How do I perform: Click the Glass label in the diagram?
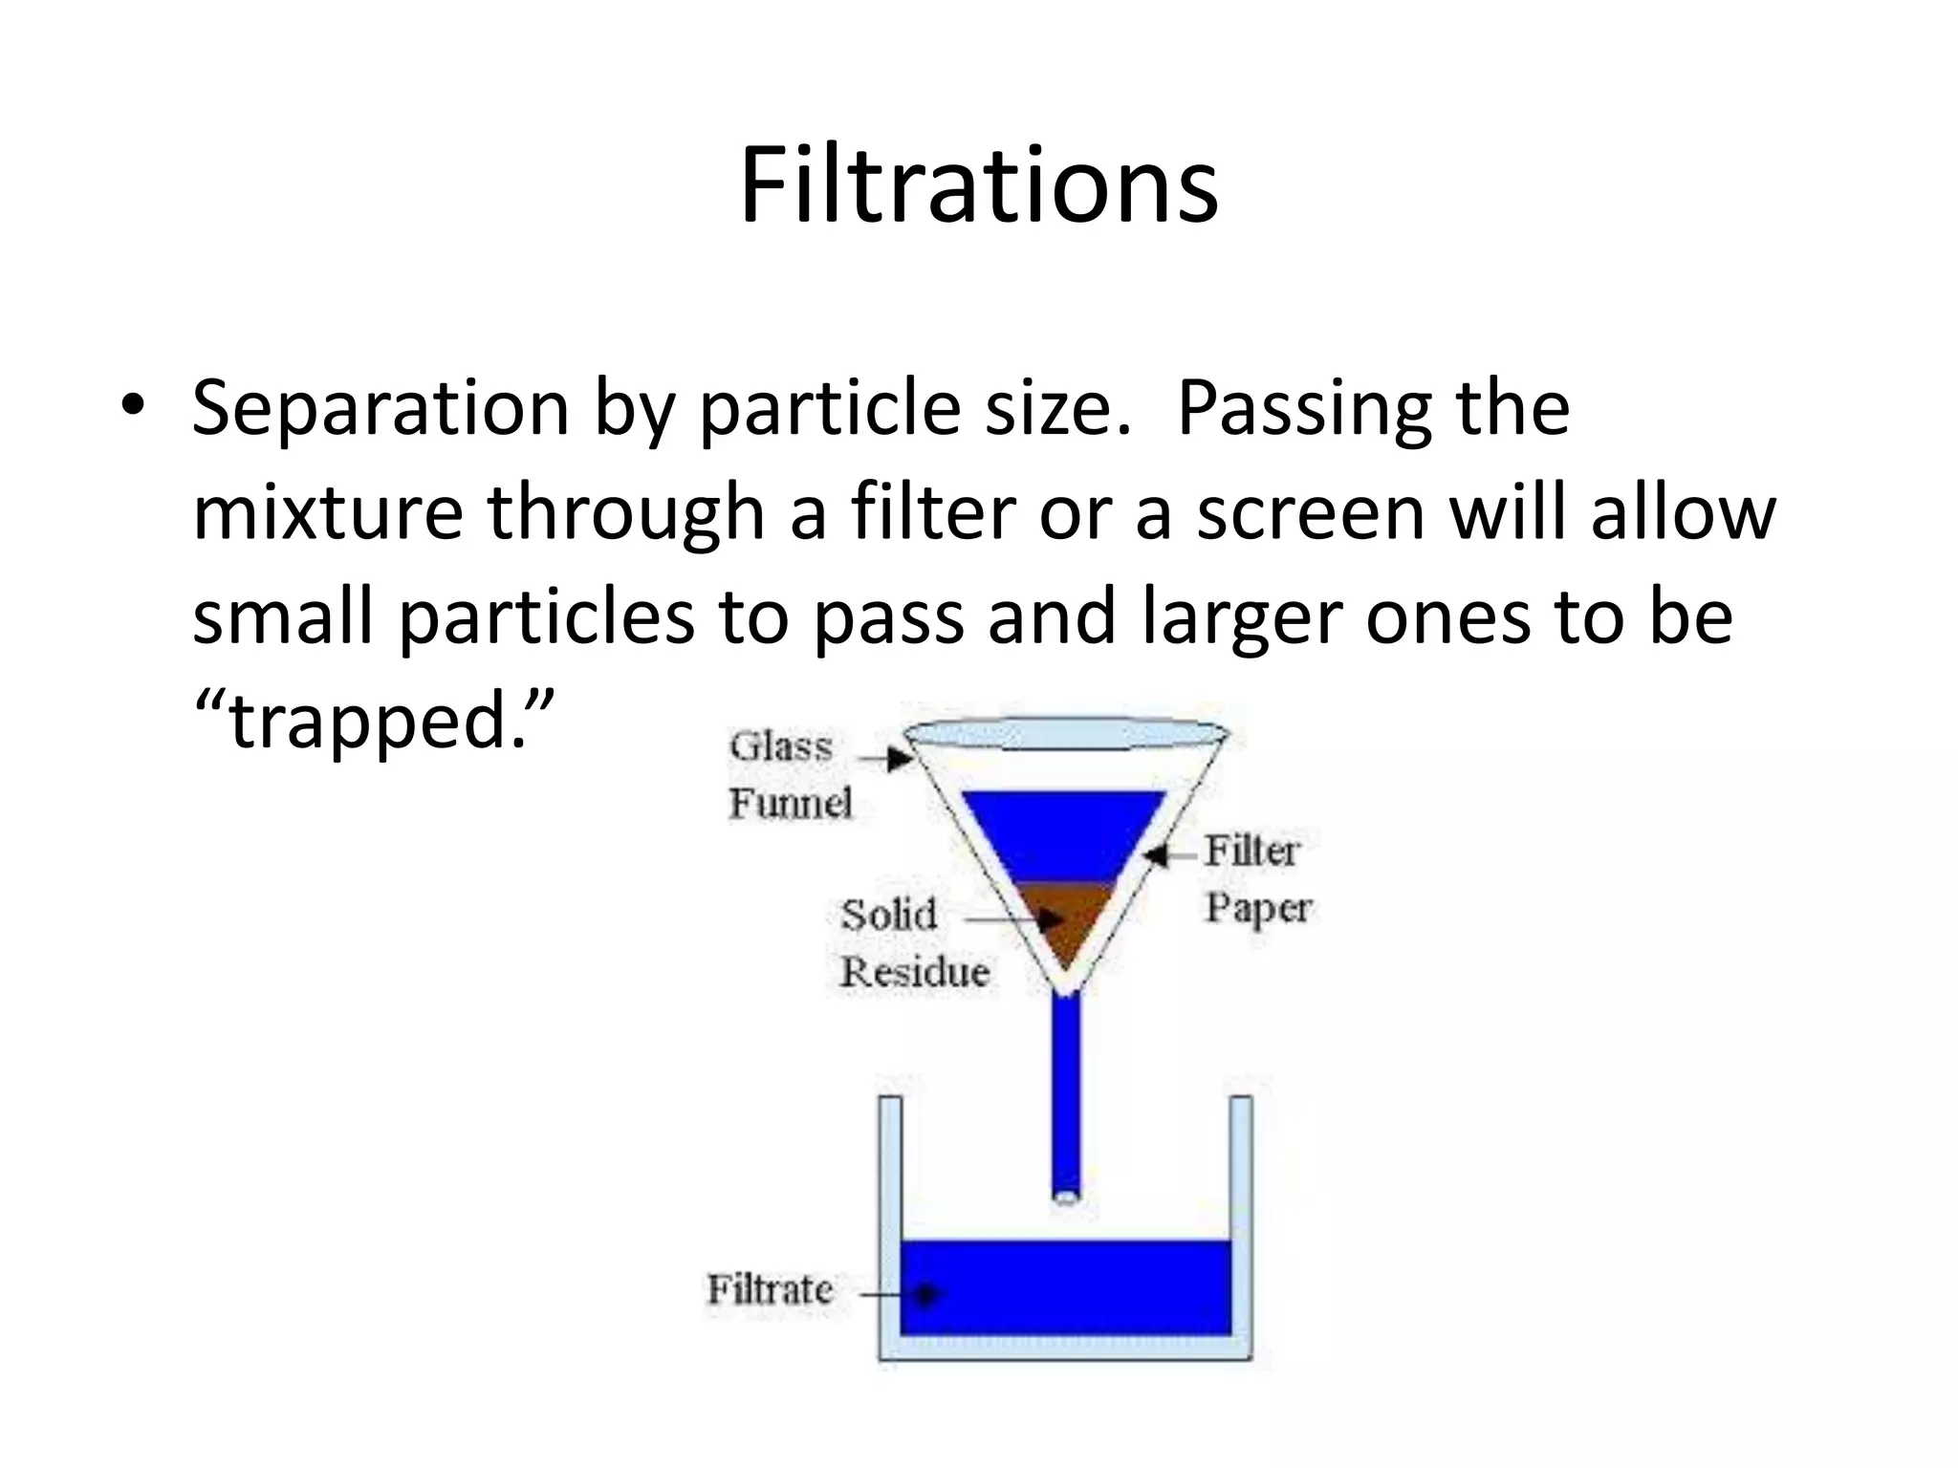(781, 747)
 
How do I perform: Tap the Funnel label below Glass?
(791, 803)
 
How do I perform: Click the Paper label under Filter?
(1258, 908)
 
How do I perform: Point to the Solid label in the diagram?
(888, 916)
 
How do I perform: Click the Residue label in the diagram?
(915, 972)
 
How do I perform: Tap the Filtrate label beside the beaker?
(770, 1290)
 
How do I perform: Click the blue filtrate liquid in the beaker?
(1064, 1288)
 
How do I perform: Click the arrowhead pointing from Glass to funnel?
(899, 760)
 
